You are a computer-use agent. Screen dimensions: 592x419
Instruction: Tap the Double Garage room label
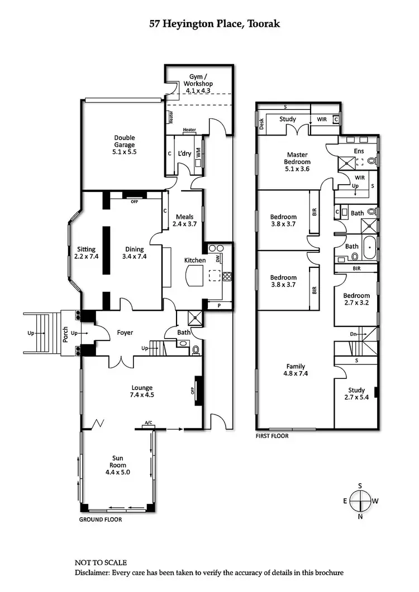[x=125, y=145]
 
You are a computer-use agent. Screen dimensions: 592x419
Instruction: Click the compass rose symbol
[x=360, y=501]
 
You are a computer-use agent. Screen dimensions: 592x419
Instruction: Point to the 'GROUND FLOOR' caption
[x=101, y=519]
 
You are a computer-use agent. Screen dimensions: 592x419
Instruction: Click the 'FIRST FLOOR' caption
[x=272, y=436]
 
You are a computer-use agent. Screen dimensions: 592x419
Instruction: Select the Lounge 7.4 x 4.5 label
[x=142, y=391]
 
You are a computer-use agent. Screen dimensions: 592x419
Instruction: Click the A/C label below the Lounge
[x=148, y=423]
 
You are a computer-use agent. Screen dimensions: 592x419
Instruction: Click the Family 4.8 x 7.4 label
[x=296, y=370]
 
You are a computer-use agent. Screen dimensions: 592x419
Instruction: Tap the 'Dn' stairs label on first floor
[x=353, y=334]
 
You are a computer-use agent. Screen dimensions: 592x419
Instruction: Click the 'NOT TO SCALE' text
[x=101, y=562]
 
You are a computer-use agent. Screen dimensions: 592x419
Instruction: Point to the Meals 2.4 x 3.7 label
[x=184, y=220]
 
